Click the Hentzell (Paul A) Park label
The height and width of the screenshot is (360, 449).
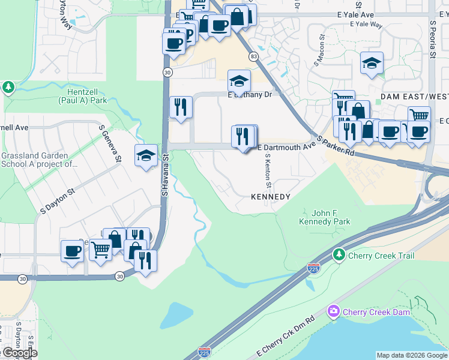[82, 96]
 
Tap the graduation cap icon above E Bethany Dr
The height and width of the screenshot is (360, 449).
[239, 81]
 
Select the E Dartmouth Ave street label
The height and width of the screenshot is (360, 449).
[286, 147]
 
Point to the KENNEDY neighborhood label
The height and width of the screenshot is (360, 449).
[270, 197]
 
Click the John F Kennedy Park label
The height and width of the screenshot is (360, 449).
[324, 217]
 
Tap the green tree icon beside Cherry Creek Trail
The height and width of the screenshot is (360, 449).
[339, 256]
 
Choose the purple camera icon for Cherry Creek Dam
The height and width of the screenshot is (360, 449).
[333, 311]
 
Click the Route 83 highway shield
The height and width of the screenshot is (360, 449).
[254, 56]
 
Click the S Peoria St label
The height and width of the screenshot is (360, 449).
[432, 40]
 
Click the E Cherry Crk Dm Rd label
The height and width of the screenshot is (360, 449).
[286, 337]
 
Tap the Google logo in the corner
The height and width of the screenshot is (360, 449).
[19, 353]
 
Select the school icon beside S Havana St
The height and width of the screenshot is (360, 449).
[146, 156]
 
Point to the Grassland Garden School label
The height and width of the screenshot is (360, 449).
[39, 159]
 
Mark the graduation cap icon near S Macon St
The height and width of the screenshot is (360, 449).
[372, 63]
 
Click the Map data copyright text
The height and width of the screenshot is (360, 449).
[412, 355]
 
